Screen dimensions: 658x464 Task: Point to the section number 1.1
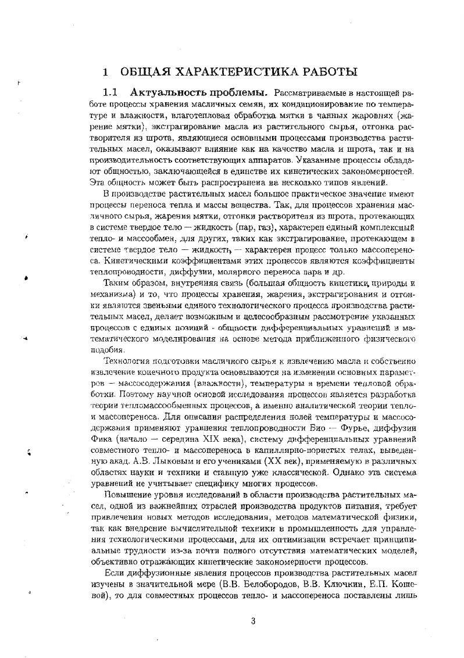pos(110,92)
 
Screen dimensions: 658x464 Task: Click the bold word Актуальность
pos(168,92)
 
